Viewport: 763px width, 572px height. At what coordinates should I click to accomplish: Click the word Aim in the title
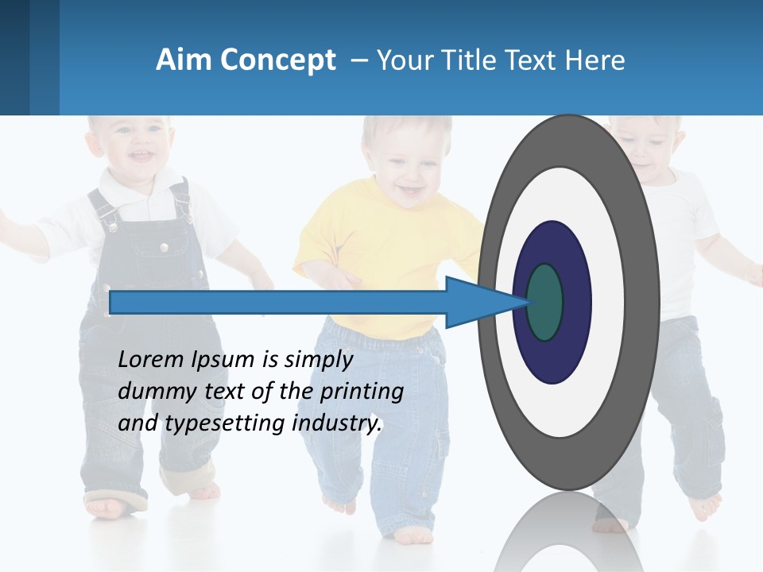[181, 60]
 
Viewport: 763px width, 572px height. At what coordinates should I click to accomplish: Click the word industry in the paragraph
[337, 423]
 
